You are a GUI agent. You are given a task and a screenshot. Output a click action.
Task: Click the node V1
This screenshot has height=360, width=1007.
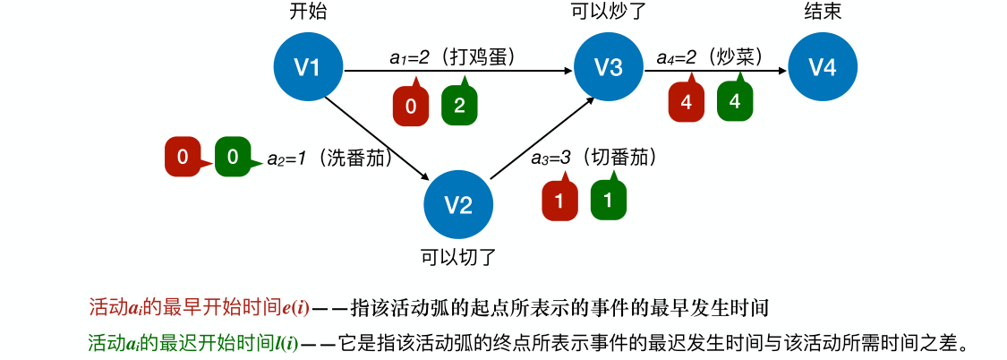(x=308, y=66)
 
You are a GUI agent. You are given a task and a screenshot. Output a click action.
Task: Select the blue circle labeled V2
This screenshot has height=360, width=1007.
(x=458, y=204)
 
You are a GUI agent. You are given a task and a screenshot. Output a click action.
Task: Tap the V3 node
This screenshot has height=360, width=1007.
(x=609, y=66)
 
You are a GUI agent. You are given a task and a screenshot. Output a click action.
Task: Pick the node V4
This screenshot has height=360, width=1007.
(x=822, y=66)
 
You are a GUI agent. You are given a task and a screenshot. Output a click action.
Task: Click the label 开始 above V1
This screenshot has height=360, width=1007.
(x=307, y=13)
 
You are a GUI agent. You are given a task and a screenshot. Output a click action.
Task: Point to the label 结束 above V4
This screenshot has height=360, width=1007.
(x=822, y=13)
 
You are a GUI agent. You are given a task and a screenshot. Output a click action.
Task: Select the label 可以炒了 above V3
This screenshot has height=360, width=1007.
(x=609, y=13)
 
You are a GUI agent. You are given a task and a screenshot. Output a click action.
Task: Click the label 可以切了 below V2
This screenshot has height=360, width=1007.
(x=458, y=258)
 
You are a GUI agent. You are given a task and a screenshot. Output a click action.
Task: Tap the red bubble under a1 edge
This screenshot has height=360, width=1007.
(x=411, y=107)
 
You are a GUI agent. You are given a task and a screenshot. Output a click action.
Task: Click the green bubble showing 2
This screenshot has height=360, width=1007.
(x=459, y=106)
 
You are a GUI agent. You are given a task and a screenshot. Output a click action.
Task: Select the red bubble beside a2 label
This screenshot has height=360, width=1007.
(x=183, y=158)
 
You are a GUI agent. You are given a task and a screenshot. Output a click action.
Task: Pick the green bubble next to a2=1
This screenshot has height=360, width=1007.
(x=233, y=158)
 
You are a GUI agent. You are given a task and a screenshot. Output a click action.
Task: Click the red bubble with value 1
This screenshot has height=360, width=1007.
(x=559, y=201)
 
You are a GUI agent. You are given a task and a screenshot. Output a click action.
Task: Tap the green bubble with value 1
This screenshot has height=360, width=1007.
(x=609, y=201)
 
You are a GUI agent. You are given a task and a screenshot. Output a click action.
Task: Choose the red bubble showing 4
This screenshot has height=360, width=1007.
(x=687, y=102)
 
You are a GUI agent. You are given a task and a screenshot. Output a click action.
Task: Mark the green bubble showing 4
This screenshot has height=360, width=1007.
(x=735, y=101)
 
